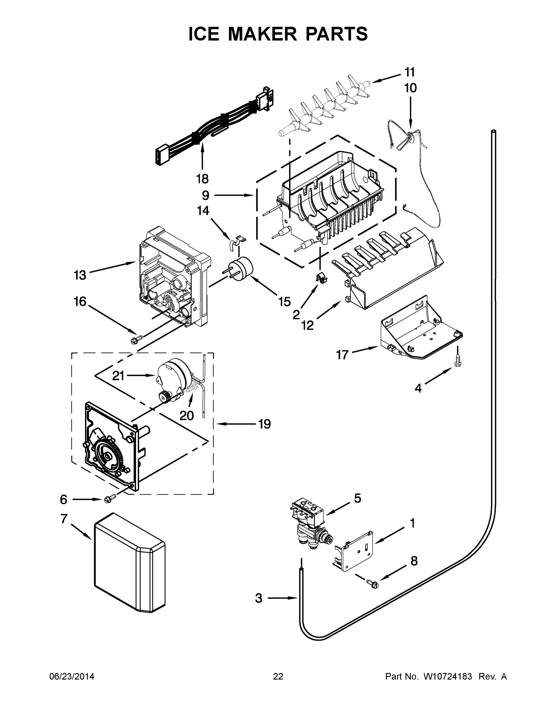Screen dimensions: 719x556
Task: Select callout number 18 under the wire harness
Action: (202, 179)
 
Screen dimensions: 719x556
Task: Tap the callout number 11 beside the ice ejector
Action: (409, 72)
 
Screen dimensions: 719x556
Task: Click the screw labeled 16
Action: (137, 339)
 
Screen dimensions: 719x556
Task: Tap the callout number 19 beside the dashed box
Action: (264, 424)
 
